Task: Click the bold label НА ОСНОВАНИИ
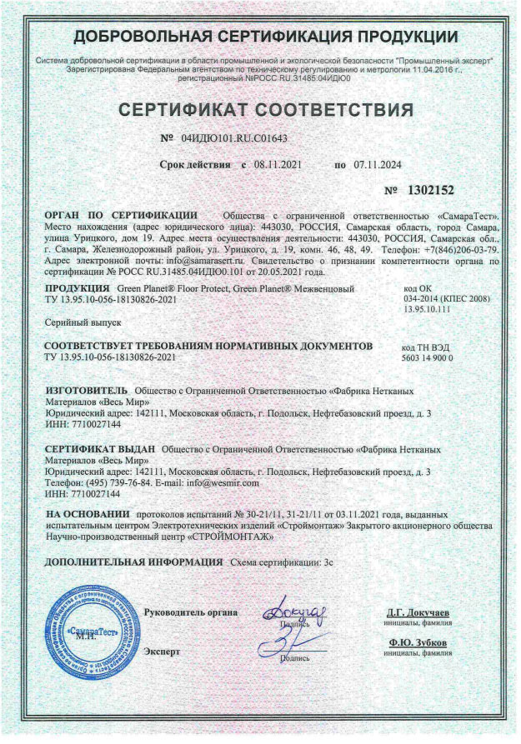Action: pyautogui.click(x=88, y=517)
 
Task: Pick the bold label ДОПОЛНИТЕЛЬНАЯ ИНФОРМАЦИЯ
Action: pyautogui.click(x=133, y=562)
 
